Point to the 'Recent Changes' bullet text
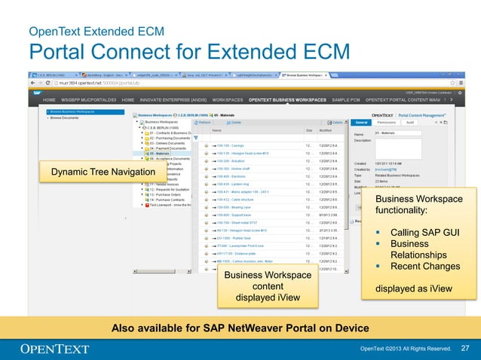(424, 266)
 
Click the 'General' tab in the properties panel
(361, 121)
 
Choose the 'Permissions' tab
(387, 121)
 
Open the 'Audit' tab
(409, 121)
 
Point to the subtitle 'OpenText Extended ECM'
(93, 32)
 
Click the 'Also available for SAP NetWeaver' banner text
(240, 328)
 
